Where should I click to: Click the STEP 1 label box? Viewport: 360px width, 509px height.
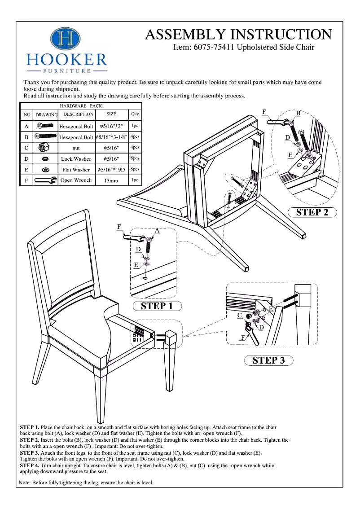click(157, 306)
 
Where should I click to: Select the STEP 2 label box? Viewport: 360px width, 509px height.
click(312, 212)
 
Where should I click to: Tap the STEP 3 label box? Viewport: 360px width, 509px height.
click(268, 360)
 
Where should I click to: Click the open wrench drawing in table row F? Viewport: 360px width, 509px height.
click(46, 180)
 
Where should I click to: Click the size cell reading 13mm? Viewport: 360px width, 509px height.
click(111, 180)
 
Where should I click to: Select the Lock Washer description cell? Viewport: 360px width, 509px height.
click(76, 159)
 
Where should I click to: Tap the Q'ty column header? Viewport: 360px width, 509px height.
click(135, 114)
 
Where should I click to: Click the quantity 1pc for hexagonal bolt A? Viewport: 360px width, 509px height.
click(135, 126)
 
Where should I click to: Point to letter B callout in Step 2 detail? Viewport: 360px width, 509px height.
click(298, 113)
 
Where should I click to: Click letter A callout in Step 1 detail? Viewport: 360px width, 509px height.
click(157, 230)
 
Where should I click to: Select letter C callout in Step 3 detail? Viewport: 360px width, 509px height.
click(240, 316)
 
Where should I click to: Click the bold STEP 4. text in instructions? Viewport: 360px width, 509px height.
click(30, 465)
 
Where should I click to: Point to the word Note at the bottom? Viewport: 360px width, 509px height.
click(25, 483)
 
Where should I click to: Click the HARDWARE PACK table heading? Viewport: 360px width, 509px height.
click(81, 106)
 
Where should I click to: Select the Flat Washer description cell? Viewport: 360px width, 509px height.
click(76, 170)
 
